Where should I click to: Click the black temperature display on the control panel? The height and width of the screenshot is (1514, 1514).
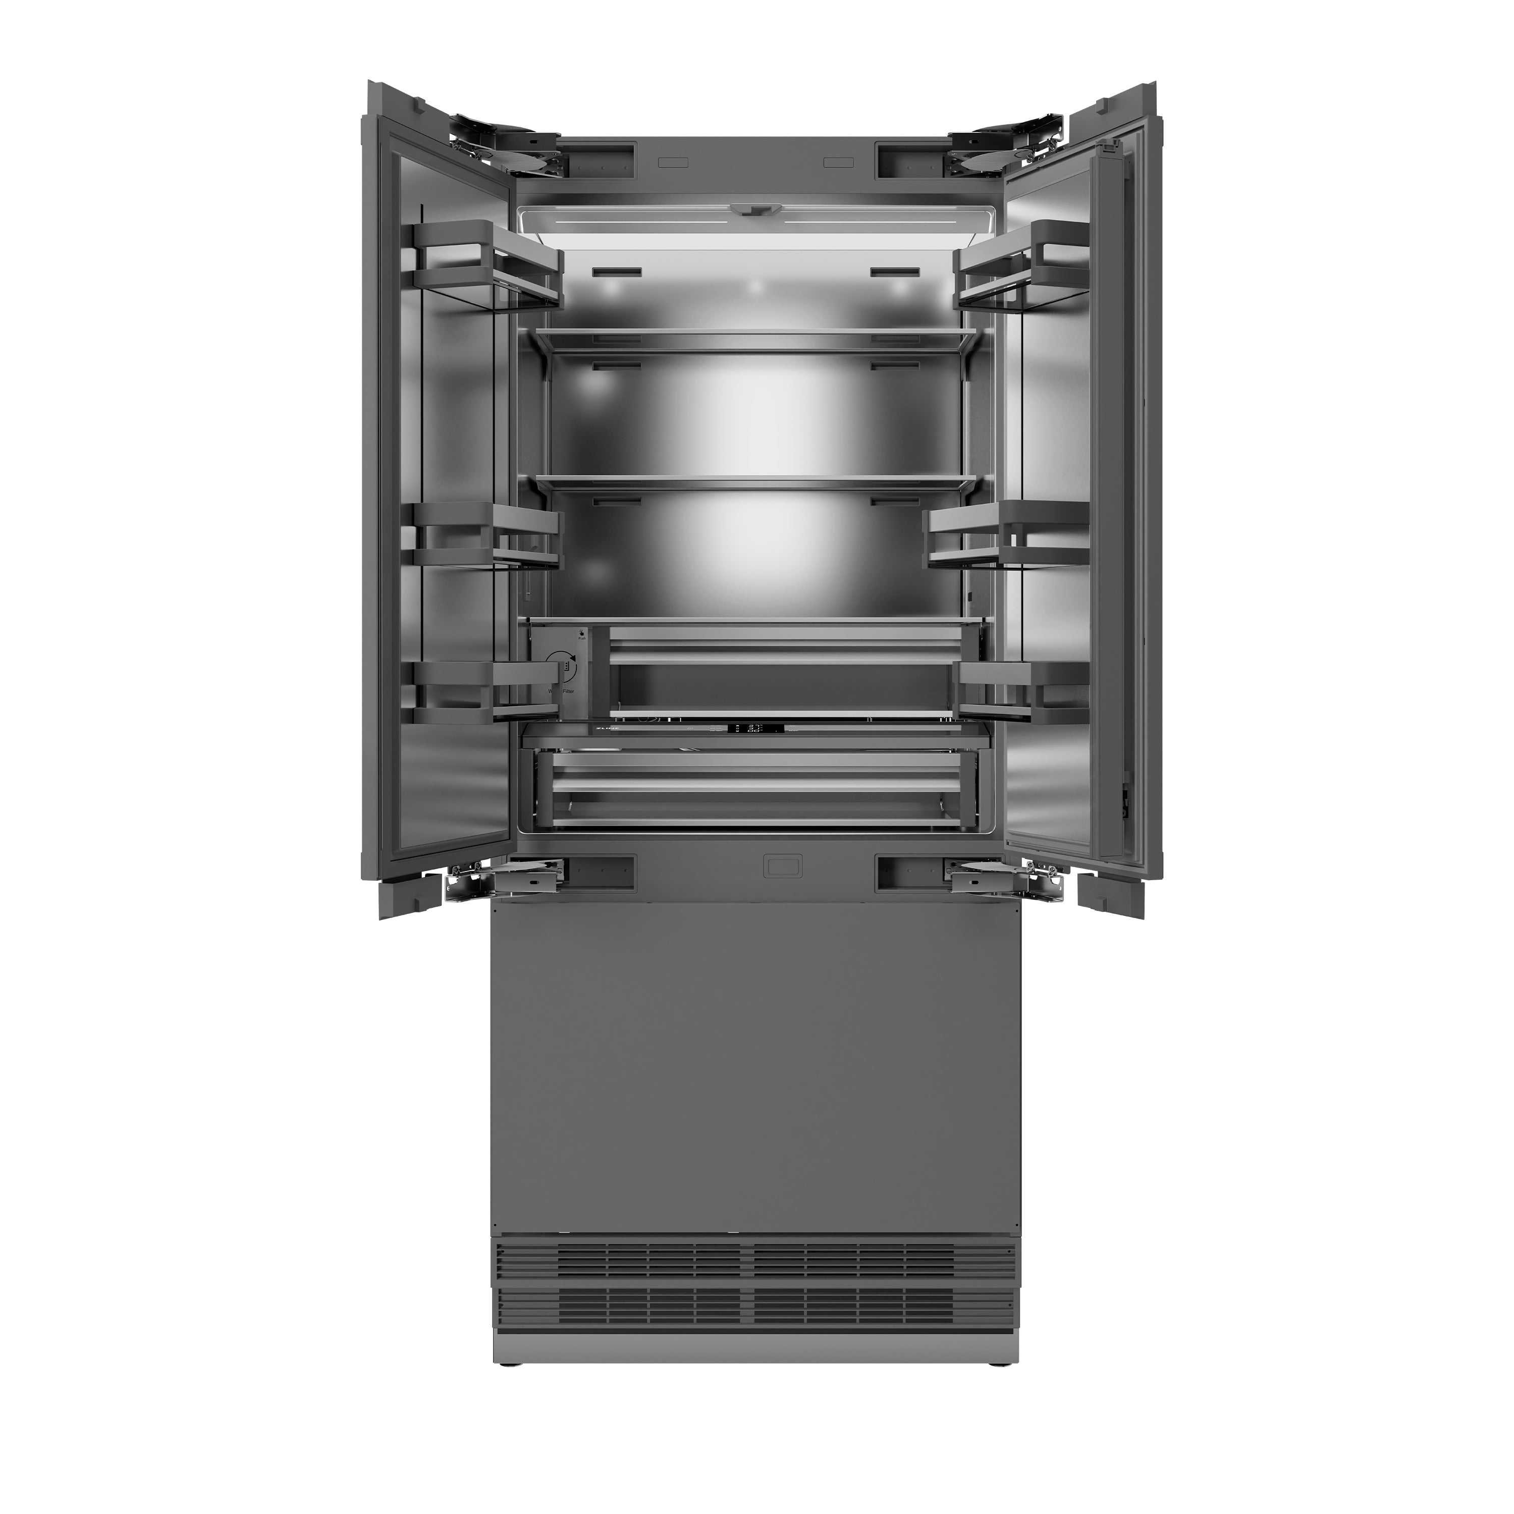[x=751, y=729]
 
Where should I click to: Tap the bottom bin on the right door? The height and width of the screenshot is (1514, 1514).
[x=1022, y=689]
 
